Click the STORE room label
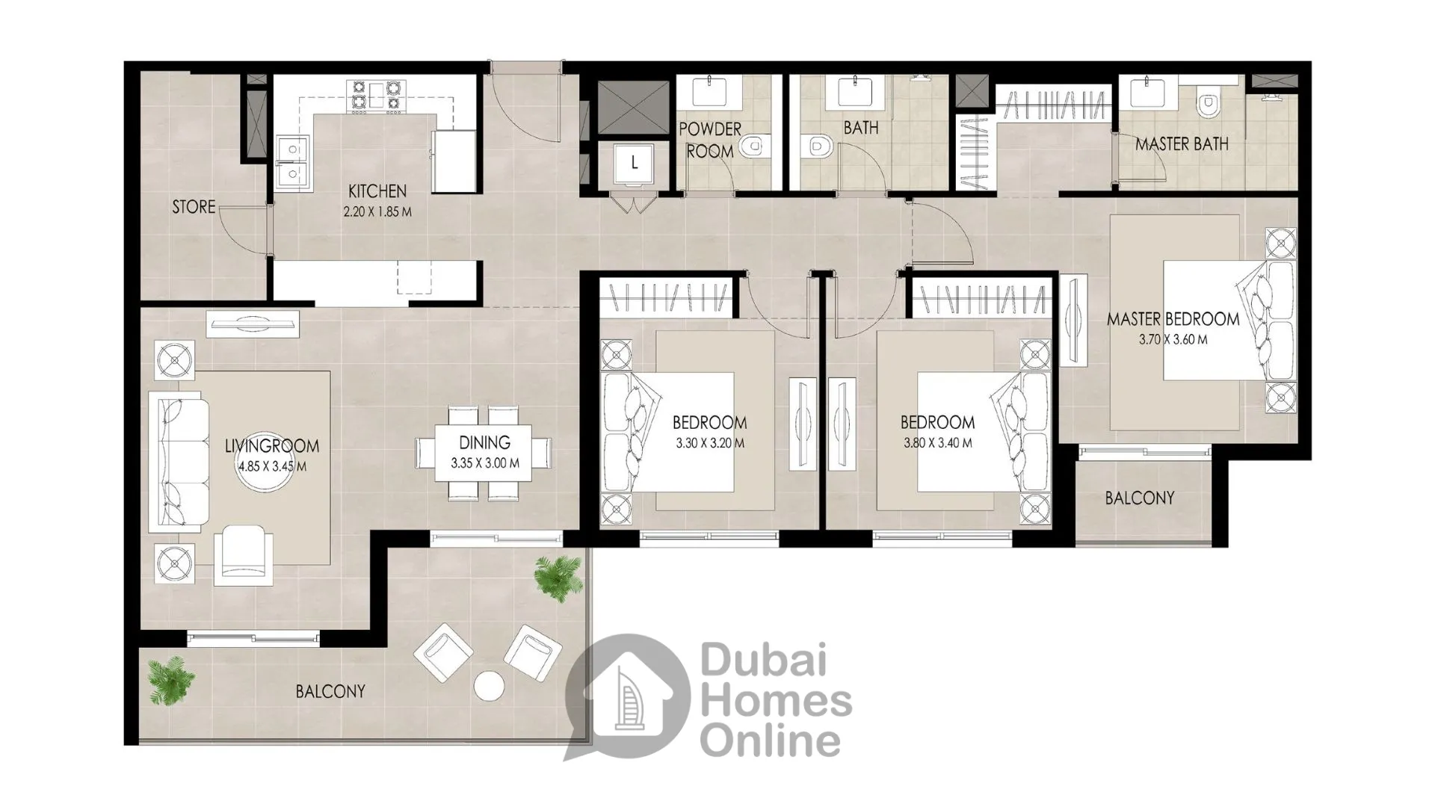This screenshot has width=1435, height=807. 194,207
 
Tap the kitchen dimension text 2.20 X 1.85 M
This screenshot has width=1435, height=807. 377,212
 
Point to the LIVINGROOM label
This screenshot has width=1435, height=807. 272,446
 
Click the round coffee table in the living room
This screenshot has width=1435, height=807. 261,469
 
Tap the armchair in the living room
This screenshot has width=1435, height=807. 243,554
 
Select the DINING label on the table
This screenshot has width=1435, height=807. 484,442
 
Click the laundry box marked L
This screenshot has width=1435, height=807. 635,164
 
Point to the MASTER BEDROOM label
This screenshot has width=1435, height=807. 1173,319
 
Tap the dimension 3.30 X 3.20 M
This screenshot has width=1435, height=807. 710,443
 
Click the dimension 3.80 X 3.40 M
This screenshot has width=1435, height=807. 938,443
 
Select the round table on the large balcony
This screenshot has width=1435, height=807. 490,686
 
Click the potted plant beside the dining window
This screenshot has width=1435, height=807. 558,576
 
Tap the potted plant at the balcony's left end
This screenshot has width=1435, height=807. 171,680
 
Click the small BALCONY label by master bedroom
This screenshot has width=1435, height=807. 1140,498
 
